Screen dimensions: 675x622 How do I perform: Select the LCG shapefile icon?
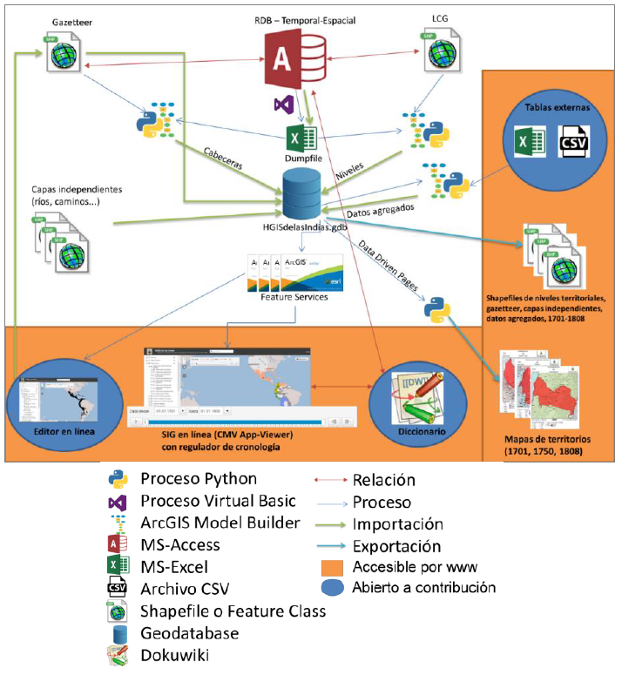click(442, 51)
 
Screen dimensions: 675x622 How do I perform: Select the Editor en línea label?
click(56, 431)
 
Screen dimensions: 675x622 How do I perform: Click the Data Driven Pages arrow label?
click(389, 269)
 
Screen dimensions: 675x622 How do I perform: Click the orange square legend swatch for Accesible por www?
click(331, 568)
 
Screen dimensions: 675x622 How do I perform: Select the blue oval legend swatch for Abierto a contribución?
click(331, 589)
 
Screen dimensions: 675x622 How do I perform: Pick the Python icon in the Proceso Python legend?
click(118, 480)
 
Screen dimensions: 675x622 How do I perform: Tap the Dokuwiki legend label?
click(174, 655)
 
